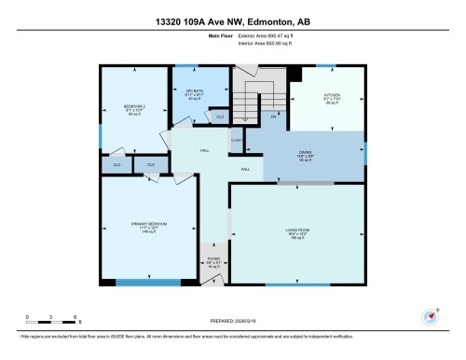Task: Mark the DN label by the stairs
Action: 274,118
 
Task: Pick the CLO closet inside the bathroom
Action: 219,117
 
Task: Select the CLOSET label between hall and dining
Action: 237,140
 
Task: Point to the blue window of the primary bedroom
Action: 155,282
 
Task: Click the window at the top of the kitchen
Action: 326,66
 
